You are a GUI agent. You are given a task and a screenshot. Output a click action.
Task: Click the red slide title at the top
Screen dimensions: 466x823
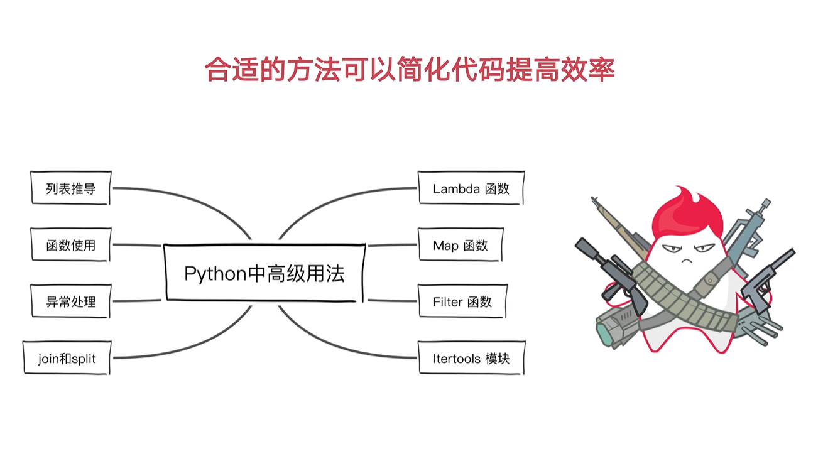click(410, 70)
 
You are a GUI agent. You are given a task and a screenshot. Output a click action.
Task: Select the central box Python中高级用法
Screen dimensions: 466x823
click(264, 274)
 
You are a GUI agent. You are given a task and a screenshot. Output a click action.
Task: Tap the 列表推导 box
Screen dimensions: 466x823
click(71, 188)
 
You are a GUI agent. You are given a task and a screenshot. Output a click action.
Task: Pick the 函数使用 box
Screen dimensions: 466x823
click(71, 245)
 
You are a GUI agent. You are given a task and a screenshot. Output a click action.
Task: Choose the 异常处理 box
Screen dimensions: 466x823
click(71, 301)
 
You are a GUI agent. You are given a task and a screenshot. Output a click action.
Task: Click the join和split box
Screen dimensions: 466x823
click(67, 358)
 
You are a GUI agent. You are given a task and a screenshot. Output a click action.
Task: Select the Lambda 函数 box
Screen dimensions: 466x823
click(471, 188)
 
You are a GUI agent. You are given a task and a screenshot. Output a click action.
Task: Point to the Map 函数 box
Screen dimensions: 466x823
click(461, 246)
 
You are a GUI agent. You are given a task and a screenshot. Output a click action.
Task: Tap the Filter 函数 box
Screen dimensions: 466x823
click(462, 302)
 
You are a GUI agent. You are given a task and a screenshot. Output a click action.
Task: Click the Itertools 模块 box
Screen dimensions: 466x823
click(471, 359)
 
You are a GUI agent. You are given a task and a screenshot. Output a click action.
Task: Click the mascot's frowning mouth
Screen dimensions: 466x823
click(689, 259)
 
